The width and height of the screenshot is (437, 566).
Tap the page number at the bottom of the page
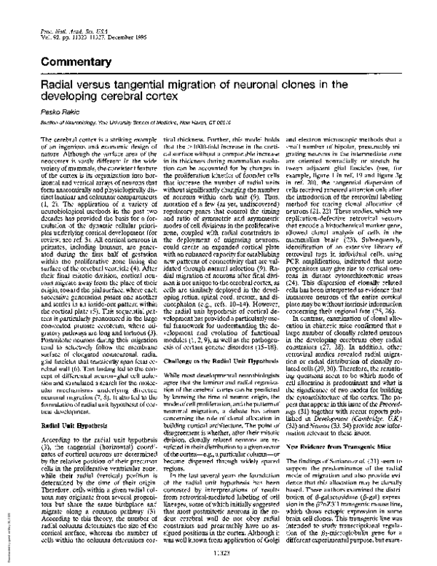click(218, 554)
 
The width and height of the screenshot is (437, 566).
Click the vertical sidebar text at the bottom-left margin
click(6, 529)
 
